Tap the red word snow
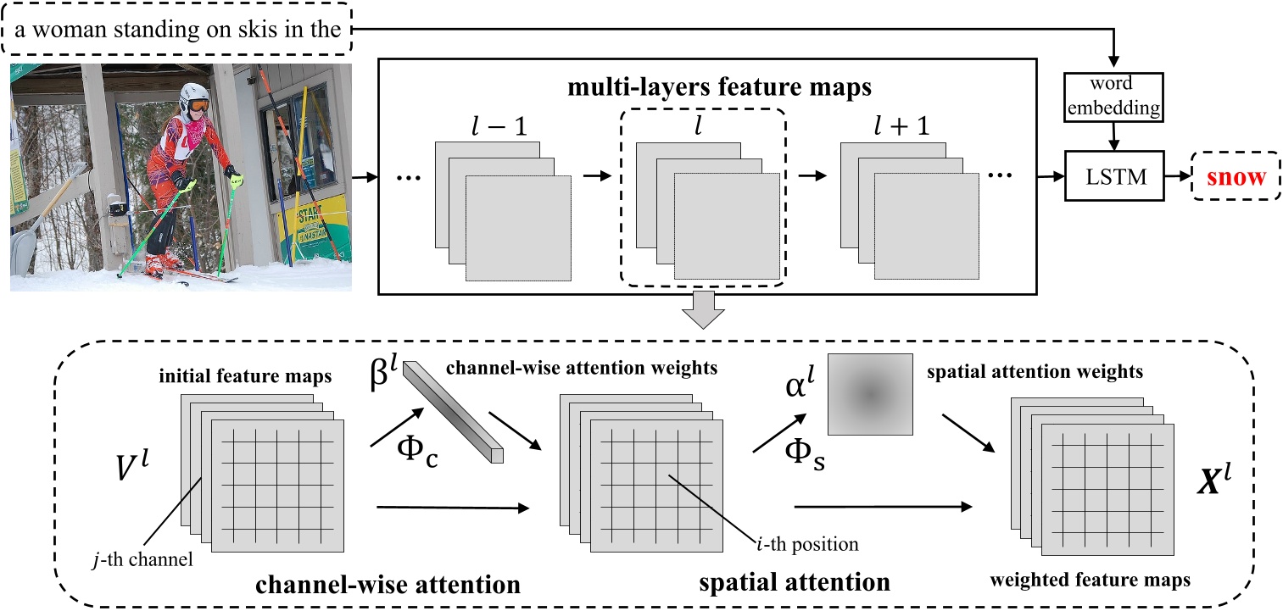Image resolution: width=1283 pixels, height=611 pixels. pyautogui.click(x=1236, y=178)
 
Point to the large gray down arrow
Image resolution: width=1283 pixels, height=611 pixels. pyautogui.click(x=705, y=311)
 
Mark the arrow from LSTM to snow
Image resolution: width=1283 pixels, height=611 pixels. pyautogui.click(x=1177, y=178)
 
